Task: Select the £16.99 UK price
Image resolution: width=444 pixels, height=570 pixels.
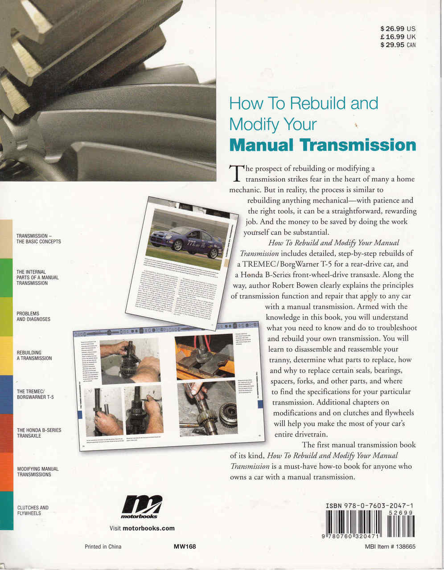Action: pos(398,37)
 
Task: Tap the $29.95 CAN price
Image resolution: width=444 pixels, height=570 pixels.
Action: pos(398,45)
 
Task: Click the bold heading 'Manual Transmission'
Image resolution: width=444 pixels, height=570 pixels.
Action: pos(322,145)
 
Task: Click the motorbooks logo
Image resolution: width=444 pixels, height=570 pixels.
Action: pos(141,507)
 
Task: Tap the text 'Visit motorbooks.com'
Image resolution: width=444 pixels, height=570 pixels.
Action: pos(142,528)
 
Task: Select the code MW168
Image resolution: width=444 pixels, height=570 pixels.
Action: pos(185,547)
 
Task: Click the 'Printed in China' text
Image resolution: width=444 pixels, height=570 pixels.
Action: pos(103,547)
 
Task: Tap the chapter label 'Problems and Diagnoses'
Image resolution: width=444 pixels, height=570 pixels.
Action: pos(33,316)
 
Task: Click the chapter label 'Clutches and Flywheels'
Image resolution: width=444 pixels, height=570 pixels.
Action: pos(33,510)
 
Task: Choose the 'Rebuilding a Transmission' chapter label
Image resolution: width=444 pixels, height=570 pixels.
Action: pos(34,355)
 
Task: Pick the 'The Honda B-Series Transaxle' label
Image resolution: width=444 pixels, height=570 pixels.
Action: pos(39,433)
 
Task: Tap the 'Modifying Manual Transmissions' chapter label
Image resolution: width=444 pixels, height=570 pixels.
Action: pos(38,472)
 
